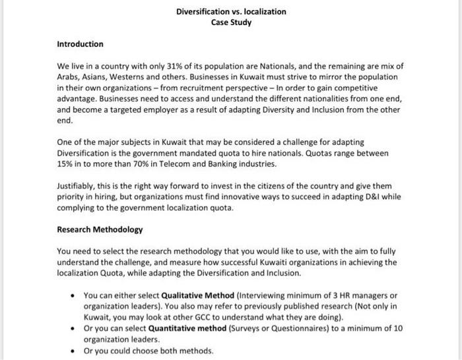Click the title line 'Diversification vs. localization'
pyautogui.click(x=231, y=12)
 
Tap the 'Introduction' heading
pyautogui.click(x=80, y=44)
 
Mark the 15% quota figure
pyautogui.click(x=65, y=164)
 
